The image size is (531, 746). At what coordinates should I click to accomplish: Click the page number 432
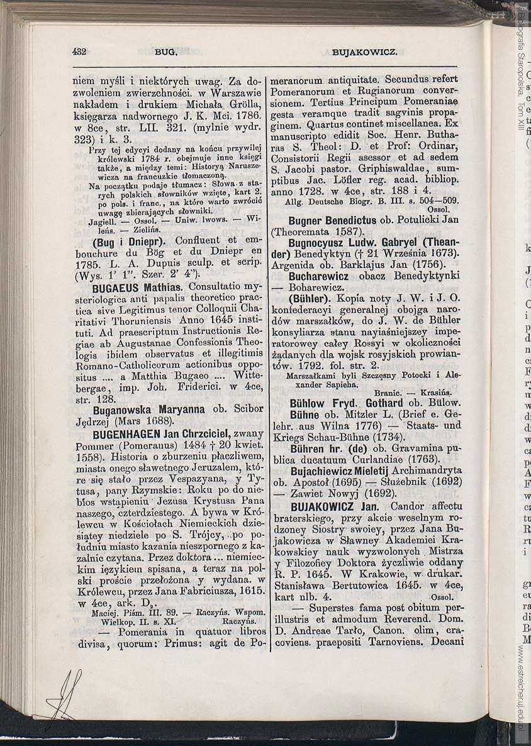click(x=79, y=52)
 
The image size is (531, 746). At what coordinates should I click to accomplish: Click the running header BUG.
click(x=166, y=53)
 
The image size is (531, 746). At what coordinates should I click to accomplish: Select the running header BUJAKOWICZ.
click(x=364, y=53)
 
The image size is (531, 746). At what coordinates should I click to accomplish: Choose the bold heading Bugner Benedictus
click(x=332, y=221)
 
